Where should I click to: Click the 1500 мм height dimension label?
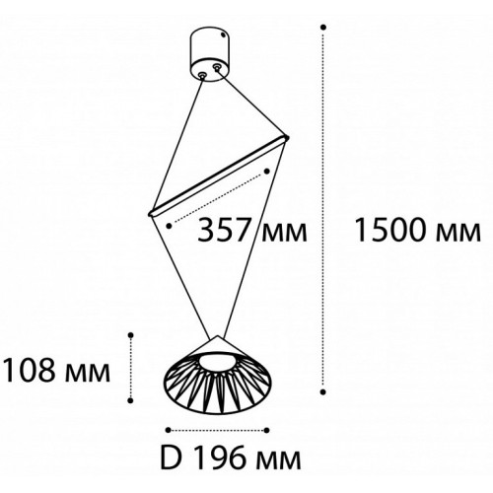(x=418, y=230)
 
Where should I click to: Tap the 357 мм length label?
(x=252, y=230)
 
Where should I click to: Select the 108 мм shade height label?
(x=56, y=370)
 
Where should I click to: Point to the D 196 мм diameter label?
(x=231, y=458)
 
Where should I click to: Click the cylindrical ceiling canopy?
(x=210, y=54)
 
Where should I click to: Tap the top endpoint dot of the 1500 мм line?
(x=323, y=28)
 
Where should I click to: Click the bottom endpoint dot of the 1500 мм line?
(x=323, y=391)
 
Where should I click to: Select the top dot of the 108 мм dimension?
(x=131, y=335)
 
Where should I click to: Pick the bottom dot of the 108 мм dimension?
(x=131, y=400)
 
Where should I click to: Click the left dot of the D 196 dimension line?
(x=169, y=430)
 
